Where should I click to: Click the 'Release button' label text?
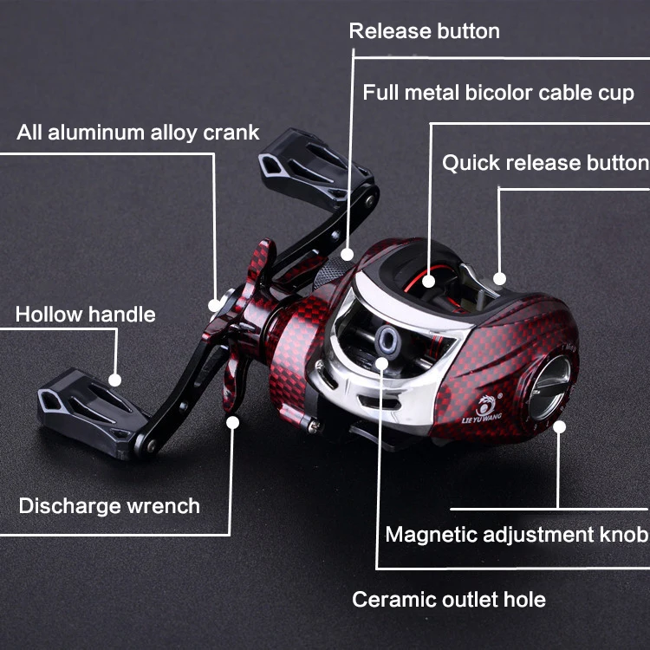(x=424, y=31)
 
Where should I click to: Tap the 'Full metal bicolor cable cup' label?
(x=498, y=93)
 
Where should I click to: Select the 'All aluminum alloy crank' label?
(x=138, y=133)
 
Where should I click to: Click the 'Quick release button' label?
(x=545, y=163)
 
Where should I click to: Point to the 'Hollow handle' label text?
(x=86, y=315)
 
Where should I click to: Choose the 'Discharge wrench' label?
(x=109, y=506)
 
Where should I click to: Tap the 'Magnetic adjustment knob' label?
(x=517, y=534)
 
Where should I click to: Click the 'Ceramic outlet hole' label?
(x=449, y=600)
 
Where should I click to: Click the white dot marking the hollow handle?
(x=114, y=380)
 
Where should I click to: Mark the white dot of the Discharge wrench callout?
(x=232, y=422)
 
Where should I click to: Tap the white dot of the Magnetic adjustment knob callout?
(x=559, y=427)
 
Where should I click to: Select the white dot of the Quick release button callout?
(x=499, y=279)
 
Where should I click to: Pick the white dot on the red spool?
(x=428, y=282)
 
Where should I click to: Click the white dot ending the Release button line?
(x=347, y=255)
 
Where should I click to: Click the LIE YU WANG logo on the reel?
(x=482, y=409)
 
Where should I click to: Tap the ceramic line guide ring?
(x=387, y=336)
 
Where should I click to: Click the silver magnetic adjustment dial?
(x=549, y=388)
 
